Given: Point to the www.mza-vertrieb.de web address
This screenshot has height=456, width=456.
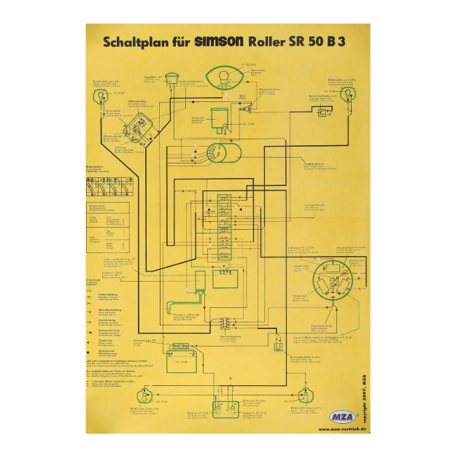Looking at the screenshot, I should [342, 429].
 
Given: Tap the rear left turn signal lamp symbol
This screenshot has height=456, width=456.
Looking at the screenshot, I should [144, 398].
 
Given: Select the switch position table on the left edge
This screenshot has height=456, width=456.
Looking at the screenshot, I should [108, 188].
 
